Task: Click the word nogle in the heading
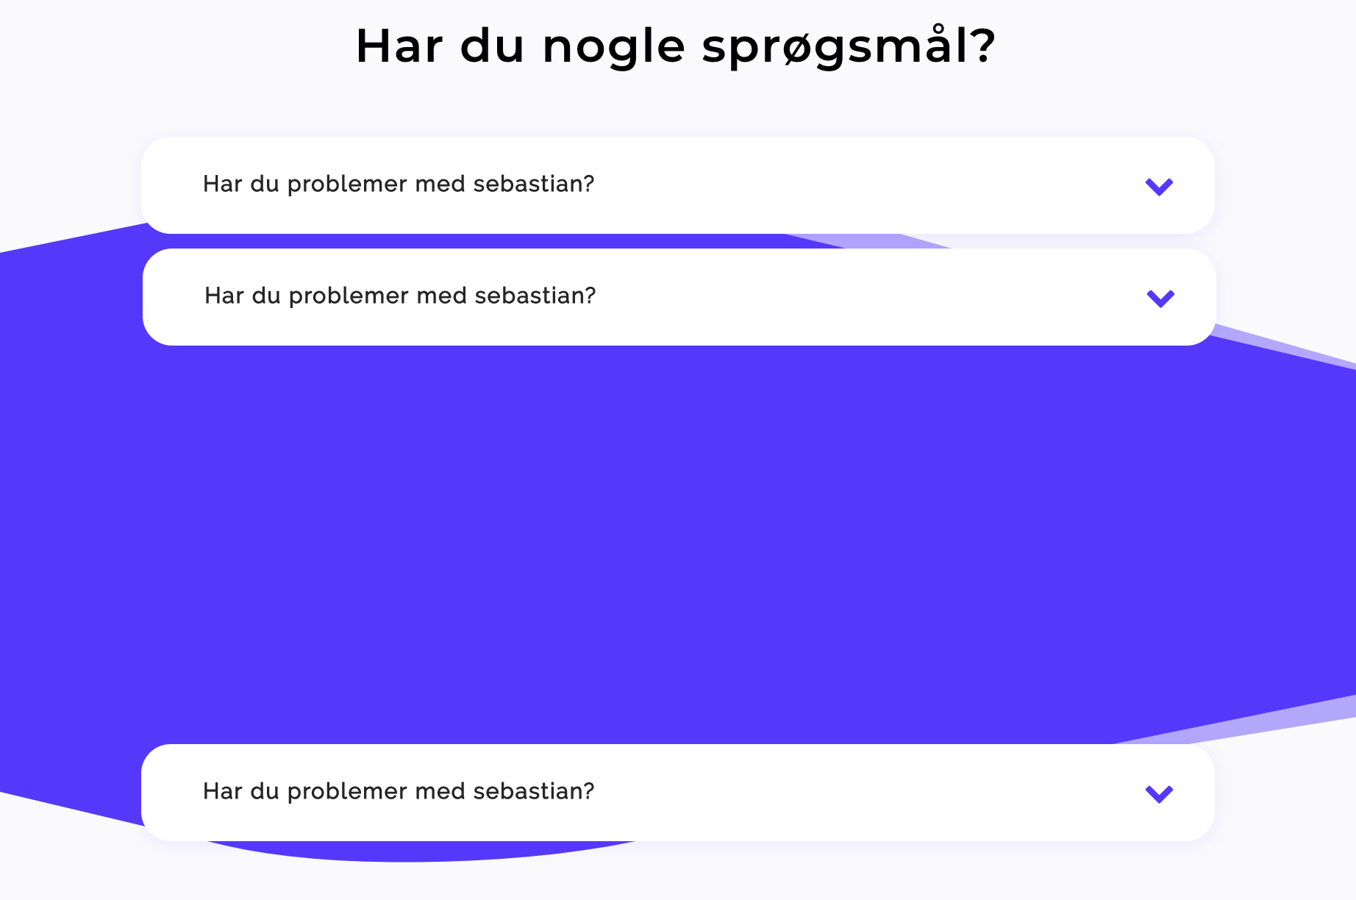[614, 48]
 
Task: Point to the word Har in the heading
[399, 46]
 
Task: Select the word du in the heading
[492, 46]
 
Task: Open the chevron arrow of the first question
[1159, 187]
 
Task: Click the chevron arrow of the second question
[1160, 299]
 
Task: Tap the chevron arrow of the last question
[1159, 794]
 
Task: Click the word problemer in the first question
[347, 185]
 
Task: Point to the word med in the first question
[440, 184]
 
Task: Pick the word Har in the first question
[223, 184]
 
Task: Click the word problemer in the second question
[349, 296]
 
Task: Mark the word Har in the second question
[224, 296]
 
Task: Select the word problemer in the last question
[347, 792]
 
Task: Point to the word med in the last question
[440, 791]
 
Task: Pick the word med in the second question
[441, 296]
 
